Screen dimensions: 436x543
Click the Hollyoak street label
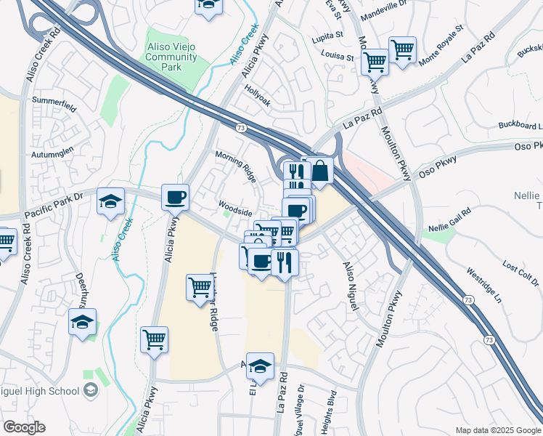258,98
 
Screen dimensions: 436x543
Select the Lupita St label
329,34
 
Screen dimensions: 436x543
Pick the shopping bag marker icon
319,171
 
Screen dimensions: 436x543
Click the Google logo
24,427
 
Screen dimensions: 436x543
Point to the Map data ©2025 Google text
498,430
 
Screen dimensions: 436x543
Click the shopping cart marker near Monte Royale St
402,49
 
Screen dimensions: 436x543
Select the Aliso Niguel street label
351,287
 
